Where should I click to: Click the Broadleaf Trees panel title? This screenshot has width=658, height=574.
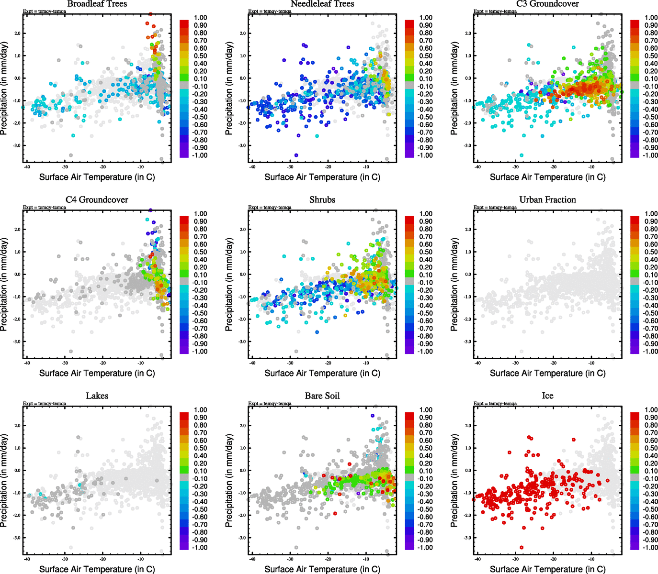[x=97, y=4]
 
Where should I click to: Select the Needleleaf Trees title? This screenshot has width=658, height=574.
[x=322, y=4]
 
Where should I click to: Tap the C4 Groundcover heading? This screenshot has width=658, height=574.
[x=97, y=200]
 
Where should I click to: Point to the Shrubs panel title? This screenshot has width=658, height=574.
[x=322, y=200]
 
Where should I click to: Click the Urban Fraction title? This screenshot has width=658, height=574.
[x=547, y=200]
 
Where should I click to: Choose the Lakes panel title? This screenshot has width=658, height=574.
[x=97, y=396]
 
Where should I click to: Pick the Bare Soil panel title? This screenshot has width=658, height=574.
[x=322, y=396]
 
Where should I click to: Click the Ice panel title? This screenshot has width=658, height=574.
[x=547, y=396]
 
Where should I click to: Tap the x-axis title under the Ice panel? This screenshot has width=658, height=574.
[x=547, y=569]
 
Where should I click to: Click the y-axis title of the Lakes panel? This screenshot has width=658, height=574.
[x=4, y=481]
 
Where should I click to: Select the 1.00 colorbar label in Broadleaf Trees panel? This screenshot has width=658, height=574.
[x=200, y=18]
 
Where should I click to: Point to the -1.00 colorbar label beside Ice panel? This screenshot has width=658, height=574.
[x=650, y=548]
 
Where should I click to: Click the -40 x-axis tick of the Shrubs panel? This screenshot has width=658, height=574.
[x=252, y=363]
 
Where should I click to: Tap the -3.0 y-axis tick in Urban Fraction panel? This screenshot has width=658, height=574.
[x=468, y=342]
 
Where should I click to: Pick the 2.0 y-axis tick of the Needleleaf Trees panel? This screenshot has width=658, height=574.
[x=243, y=33]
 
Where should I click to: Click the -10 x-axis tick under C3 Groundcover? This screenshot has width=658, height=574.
[x=591, y=167]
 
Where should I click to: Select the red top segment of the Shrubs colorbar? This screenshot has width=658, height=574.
[x=409, y=220]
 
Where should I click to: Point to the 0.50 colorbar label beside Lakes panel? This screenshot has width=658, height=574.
[x=200, y=448]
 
